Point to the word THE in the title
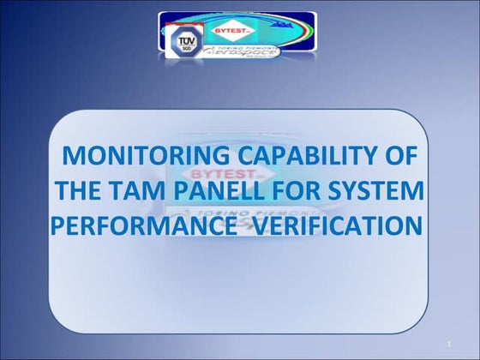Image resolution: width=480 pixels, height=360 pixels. (x=81, y=191)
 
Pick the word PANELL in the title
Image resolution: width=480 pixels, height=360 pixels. (x=225, y=191)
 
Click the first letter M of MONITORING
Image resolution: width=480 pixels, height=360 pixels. (x=75, y=157)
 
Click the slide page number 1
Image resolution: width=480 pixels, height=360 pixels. (x=448, y=345)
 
